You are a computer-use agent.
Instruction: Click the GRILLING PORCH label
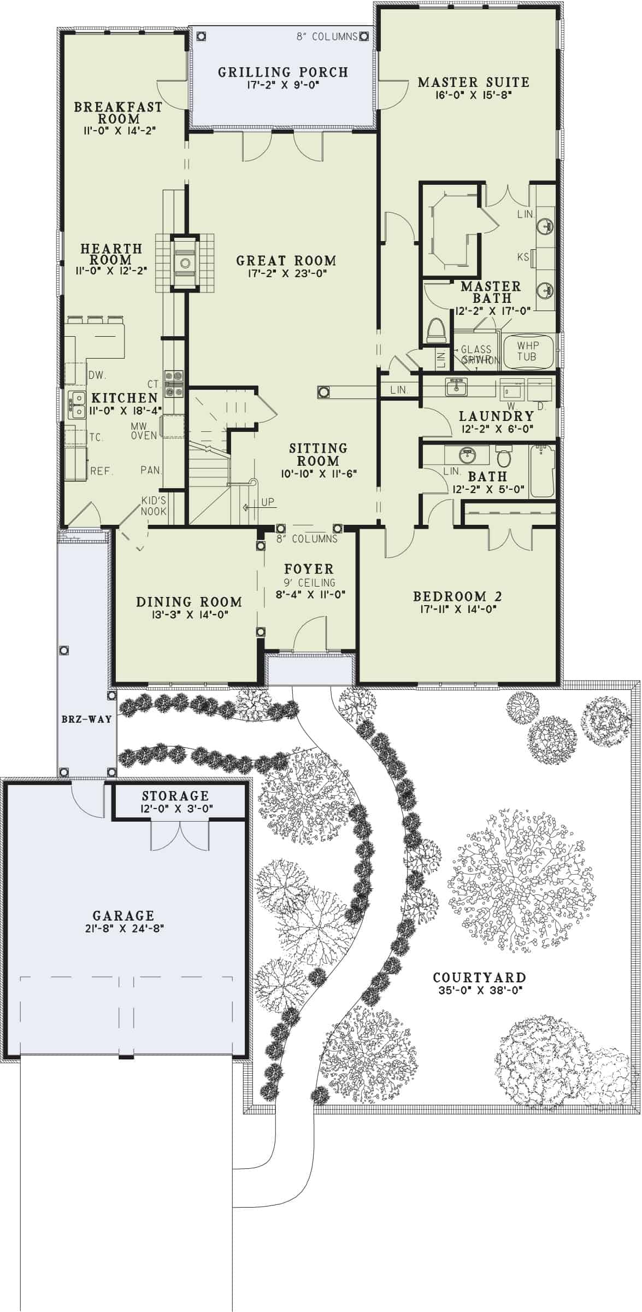pos(282,72)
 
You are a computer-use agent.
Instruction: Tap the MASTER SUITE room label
pos(473,83)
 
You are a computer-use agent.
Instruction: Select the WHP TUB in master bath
pos(527,351)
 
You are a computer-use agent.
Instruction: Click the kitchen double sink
pos(76,405)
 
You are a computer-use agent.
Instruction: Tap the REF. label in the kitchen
pos(102,471)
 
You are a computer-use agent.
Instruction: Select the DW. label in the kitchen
pos(97,375)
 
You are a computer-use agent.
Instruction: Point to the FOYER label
pos(309,569)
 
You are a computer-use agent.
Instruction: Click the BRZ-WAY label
pos(86,719)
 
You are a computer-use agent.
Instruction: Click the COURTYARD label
pos(479,977)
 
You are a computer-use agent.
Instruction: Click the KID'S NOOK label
pos(154,506)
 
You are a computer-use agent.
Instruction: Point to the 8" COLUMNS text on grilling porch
pos(327,37)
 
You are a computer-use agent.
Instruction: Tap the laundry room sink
pos(455,387)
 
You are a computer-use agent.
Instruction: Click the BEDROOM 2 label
pos(457,596)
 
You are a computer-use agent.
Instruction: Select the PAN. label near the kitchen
pos(150,470)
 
